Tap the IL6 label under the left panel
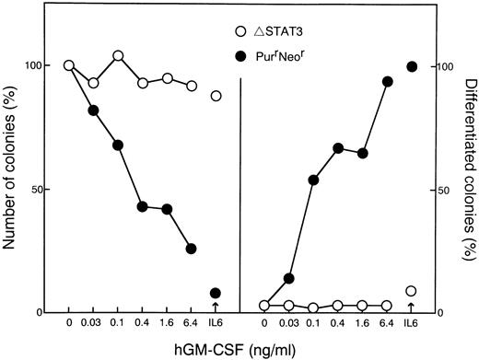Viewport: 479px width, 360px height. tap(216, 324)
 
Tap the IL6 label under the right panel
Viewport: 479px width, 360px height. tap(411, 324)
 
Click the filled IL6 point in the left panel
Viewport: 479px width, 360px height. tap(216, 294)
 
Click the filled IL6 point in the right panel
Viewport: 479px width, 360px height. tap(411, 66)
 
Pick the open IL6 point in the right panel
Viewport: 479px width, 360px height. tap(411, 291)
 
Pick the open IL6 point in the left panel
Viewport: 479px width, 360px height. tap(216, 96)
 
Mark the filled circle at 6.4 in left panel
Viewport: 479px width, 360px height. tap(191, 249)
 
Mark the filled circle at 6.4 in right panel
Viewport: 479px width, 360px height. tap(387, 82)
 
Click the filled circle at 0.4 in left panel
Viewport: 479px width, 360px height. tap(142, 206)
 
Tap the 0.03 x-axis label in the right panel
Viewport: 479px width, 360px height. tap(288, 324)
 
